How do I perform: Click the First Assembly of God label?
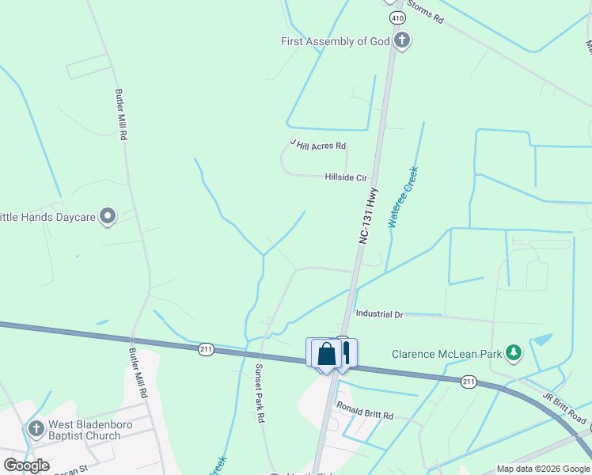(336, 41)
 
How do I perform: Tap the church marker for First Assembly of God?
(402, 40)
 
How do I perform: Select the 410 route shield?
(393, 17)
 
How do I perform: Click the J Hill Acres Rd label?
(318, 145)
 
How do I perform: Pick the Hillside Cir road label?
(346, 178)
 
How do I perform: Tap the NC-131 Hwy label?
(368, 215)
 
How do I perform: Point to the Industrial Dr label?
(379, 314)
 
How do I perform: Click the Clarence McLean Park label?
(446, 354)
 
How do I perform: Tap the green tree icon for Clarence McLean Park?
(514, 352)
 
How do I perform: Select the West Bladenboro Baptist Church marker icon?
(35, 430)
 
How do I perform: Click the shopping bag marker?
(326, 354)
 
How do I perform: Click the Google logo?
(26, 465)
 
